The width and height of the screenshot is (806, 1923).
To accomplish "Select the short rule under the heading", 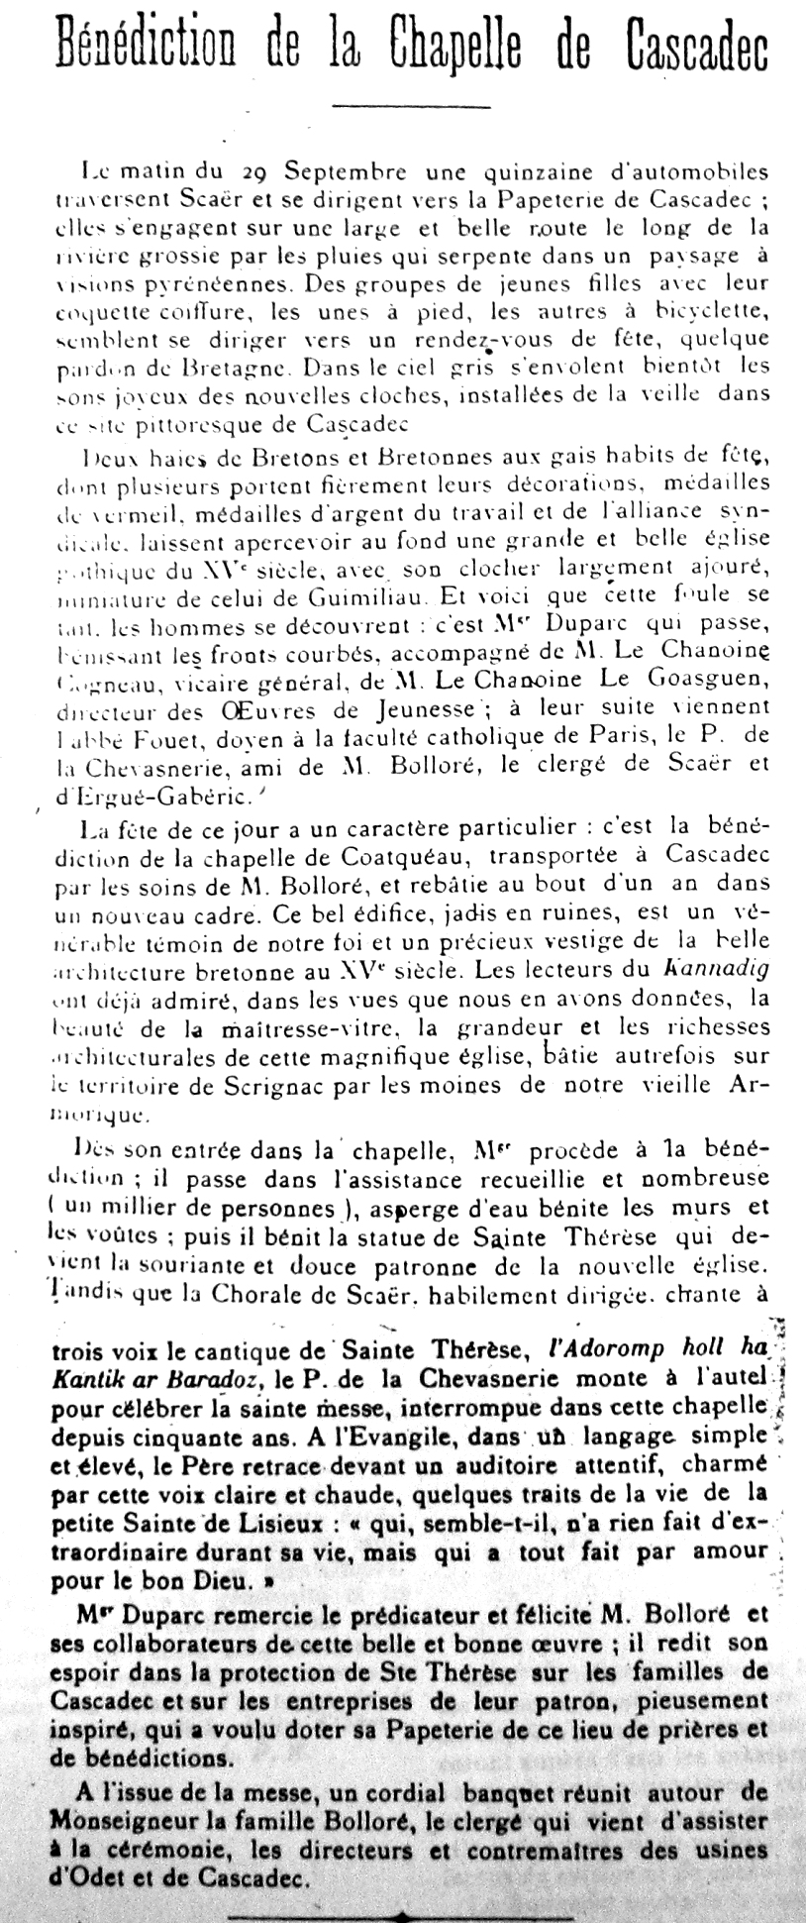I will click(x=411, y=106).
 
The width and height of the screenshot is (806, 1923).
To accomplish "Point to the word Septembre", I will click(x=326, y=171).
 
